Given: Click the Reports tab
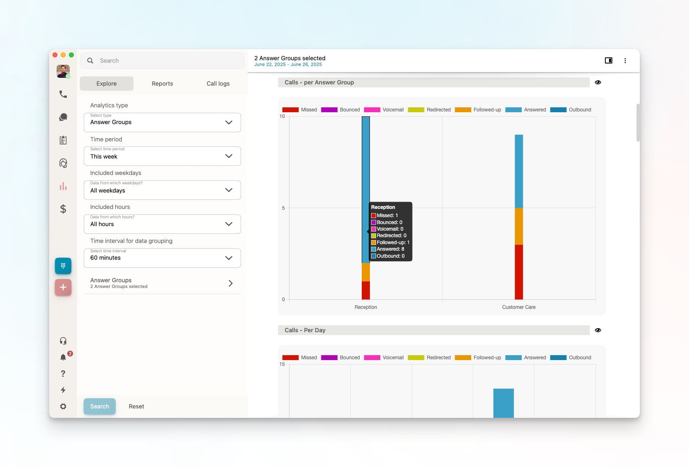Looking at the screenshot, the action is click(162, 84).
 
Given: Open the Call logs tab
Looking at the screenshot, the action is click(218, 84).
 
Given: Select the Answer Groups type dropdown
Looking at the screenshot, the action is click(162, 122).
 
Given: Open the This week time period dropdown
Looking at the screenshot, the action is click(162, 156).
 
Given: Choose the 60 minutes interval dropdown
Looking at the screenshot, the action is click(162, 258).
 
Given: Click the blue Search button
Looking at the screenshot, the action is click(100, 406).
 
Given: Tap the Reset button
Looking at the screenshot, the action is click(136, 406).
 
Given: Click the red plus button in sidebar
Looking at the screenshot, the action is click(63, 287).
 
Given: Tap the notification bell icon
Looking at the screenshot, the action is click(63, 357).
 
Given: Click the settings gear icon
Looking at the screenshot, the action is click(63, 406).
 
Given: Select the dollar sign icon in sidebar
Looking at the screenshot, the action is click(63, 209).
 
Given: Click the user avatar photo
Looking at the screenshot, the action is click(63, 71).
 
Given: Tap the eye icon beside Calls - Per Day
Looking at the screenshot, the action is click(598, 330).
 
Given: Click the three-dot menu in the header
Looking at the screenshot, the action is click(625, 61).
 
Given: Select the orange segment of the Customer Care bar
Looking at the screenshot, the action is click(518, 227).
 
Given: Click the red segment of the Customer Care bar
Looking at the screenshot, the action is click(518, 272).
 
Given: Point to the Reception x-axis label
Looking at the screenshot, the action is click(365, 307).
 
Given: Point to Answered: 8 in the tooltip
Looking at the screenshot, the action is click(388, 249).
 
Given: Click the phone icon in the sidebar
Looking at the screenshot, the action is click(63, 94).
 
